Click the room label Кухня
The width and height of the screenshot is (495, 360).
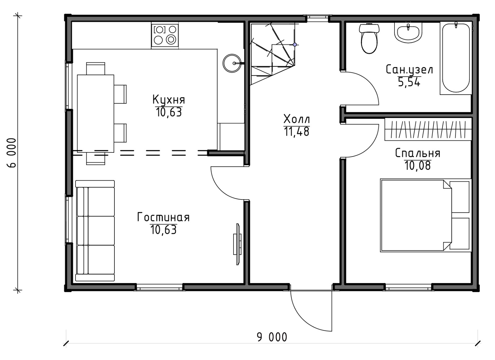[169, 100]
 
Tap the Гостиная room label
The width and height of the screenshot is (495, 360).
[163, 217]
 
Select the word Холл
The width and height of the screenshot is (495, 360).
[297, 119]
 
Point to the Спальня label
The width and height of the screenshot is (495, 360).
[418, 153]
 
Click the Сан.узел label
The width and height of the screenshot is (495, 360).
[410, 70]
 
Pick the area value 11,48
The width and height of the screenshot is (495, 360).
[296, 132]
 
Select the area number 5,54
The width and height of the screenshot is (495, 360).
[409, 82]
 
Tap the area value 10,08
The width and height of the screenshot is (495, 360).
[418, 166]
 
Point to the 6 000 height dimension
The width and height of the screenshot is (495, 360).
[11, 153]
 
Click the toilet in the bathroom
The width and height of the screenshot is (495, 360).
[369, 38]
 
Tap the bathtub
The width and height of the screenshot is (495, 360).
[456, 58]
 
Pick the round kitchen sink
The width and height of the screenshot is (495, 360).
[232, 63]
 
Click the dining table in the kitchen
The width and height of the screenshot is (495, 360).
[96, 114]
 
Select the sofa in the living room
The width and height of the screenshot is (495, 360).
[95, 231]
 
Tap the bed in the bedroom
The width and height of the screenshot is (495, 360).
[426, 215]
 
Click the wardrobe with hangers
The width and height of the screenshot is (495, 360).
[428, 129]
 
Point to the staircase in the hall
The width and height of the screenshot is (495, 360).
[273, 54]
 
